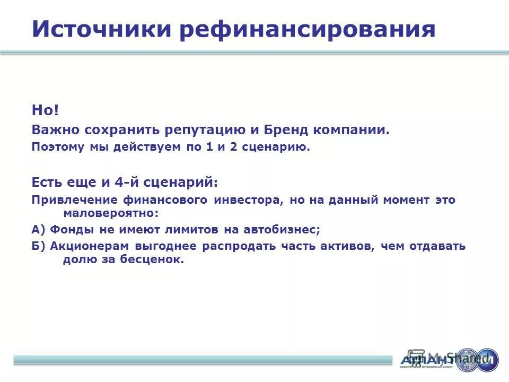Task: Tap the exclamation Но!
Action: (x=46, y=110)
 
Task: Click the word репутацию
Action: (x=203, y=130)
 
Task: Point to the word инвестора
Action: (x=247, y=200)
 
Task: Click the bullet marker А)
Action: (x=39, y=230)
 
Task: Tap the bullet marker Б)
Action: (x=39, y=246)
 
